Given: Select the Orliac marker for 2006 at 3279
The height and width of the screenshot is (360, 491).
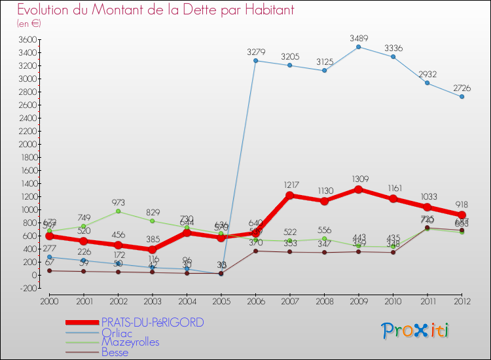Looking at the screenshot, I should [255, 61].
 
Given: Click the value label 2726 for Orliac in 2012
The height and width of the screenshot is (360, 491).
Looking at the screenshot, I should [462, 88].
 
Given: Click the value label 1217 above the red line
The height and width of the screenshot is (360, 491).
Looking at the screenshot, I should [290, 185].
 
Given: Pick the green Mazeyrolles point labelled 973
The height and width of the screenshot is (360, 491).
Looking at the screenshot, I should [118, 211].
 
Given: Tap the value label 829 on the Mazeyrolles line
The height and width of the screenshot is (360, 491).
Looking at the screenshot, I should [153, 211].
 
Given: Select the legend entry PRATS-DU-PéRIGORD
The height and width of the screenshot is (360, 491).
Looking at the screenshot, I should [152, 322].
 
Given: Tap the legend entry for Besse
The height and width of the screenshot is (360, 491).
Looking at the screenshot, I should [115, 352].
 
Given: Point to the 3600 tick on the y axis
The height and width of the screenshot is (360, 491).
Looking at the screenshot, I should [26, 39].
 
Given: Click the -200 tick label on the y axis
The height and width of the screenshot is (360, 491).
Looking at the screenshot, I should [26, 288].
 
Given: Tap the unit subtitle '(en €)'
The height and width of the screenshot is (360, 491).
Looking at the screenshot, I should [29, 24].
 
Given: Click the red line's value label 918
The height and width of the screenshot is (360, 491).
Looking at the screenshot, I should [462, 204].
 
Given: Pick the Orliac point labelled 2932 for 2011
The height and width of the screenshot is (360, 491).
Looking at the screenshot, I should [427, 83].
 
